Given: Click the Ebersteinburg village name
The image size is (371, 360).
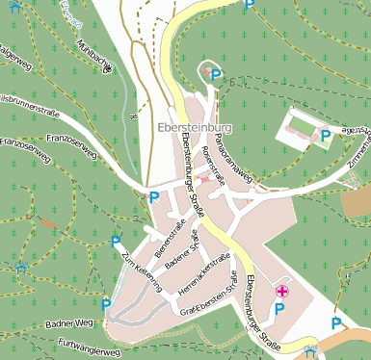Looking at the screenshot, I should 194,127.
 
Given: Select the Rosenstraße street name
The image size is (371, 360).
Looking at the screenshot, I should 213,166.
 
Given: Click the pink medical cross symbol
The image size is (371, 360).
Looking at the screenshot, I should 281,291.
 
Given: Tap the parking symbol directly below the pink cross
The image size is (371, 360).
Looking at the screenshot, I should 280,309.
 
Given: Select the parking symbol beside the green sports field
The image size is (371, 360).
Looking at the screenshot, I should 326,136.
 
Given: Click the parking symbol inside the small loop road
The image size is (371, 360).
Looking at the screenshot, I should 216,75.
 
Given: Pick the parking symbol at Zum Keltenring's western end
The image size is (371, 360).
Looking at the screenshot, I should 116,241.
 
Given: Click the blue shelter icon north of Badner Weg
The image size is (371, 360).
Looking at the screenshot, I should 21,266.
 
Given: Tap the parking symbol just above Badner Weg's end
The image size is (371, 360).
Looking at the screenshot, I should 106,304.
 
